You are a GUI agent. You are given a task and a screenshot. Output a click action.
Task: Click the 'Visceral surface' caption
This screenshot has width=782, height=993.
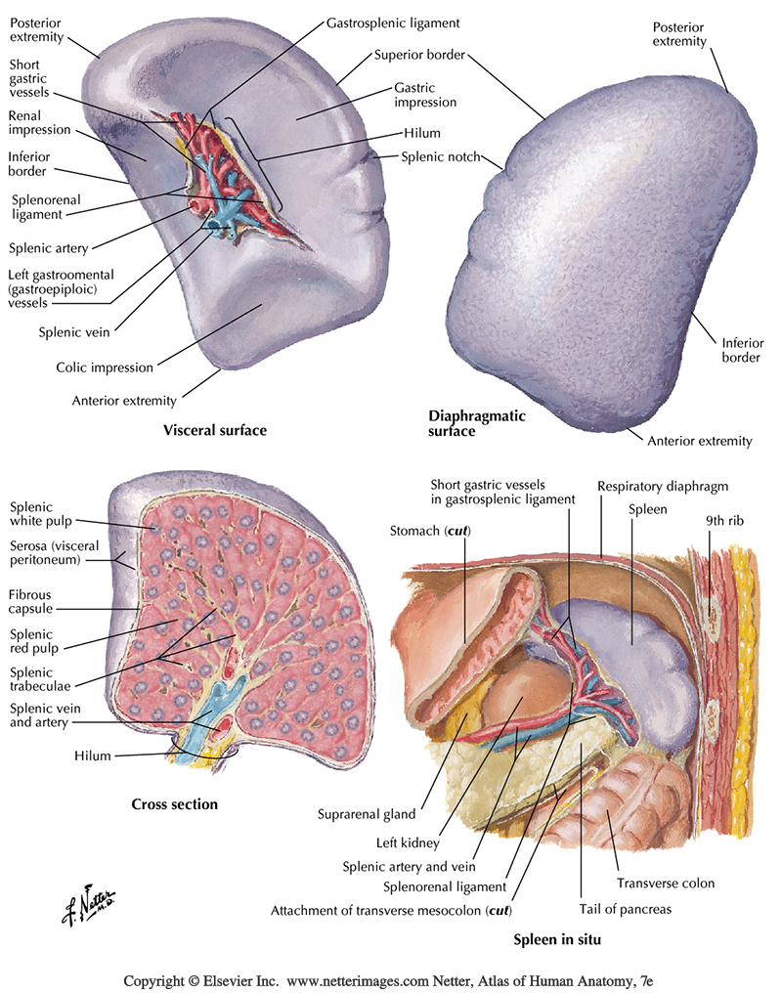(215, 429)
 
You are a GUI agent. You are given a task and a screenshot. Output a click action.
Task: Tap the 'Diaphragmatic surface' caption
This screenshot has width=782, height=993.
(477, 423)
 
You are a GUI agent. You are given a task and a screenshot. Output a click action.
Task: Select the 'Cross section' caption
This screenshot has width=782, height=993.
(174, 804)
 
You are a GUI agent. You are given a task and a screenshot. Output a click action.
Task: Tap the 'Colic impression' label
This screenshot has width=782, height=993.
(105, 367)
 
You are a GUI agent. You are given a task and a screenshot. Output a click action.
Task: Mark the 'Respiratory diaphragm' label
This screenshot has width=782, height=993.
(663, 486)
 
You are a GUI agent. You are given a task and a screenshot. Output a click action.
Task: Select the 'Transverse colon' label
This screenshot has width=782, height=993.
(666, 883)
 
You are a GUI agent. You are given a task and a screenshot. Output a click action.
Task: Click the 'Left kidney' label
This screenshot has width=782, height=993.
(407, 840)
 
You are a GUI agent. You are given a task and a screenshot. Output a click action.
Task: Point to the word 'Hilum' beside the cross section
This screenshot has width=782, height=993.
(94, 756)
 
